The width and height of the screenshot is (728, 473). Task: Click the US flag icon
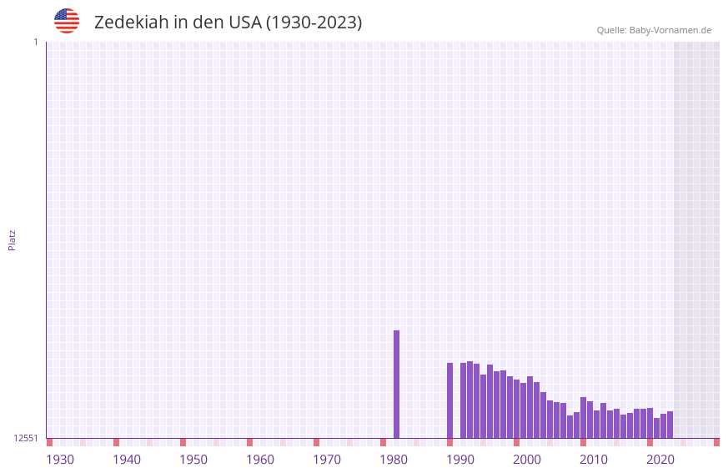[67, 21]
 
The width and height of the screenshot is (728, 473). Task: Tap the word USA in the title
[244, 23]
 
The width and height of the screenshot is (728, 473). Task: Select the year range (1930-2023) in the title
[314, 23]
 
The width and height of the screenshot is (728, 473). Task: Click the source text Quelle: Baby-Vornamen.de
[654, 30]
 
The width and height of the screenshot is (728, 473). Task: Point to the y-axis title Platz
[12, 239]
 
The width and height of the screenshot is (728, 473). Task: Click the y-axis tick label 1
[35, 42]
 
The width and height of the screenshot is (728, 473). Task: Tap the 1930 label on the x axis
[60, 459]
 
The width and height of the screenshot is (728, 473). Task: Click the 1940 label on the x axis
[127, 459]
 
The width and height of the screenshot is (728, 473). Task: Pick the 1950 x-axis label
[193, 459]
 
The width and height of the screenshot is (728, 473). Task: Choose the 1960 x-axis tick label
[260, 459]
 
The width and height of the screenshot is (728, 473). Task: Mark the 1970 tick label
[327, 459]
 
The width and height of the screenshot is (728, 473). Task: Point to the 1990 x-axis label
[460, 459]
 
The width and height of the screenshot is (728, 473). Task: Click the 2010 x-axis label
[594, 459]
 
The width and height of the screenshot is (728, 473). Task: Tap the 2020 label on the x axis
[660, 459]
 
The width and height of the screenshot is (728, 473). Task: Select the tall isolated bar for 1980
[396, 384]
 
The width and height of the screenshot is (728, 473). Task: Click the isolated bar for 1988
[449, 400]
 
